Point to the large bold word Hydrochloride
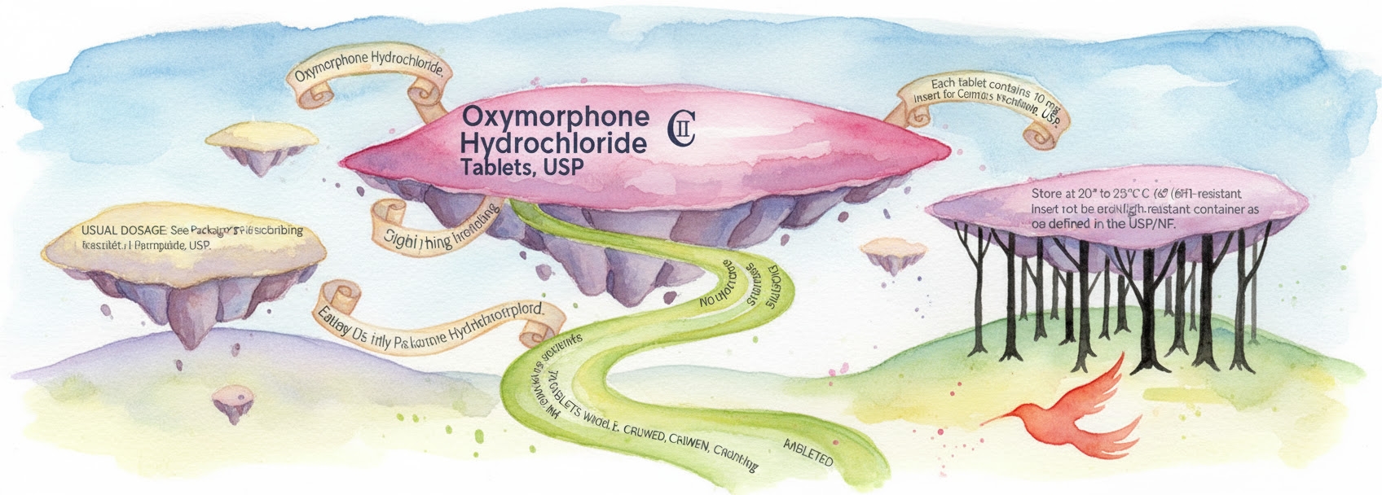[x=554, y=143]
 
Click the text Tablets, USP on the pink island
[x=522, y=169]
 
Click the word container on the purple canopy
[x=1213, y=209]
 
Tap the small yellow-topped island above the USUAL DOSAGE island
[x=261, y=140]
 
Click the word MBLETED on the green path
[x=808, y=451]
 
